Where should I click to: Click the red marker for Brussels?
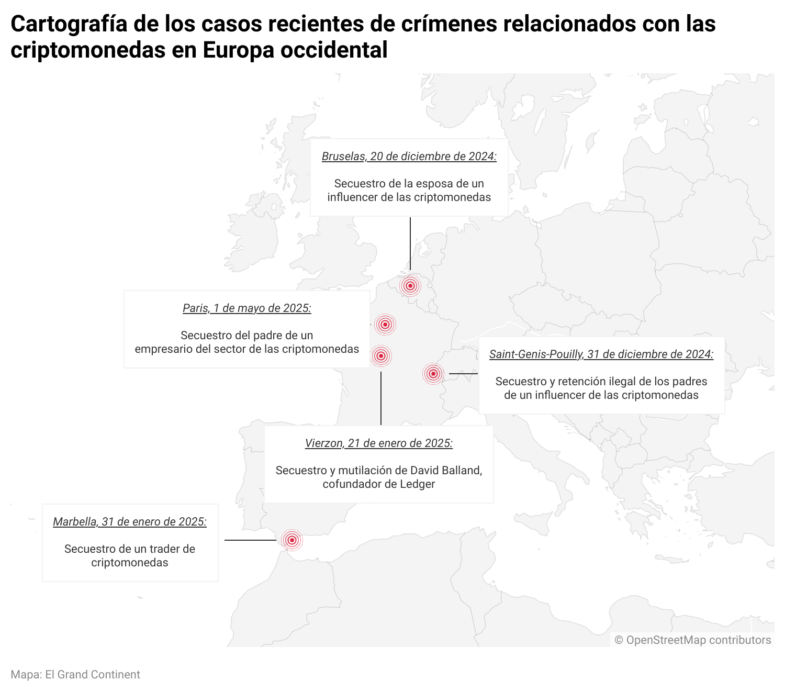point(410,286)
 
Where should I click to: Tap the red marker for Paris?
point(385,325)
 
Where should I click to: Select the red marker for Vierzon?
point(381,356)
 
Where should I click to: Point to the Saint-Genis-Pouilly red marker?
point(433,374)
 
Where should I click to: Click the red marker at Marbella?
point(292,540)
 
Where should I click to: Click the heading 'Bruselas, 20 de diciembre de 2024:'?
point(409,157)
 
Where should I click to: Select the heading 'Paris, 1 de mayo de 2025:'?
point(246,308)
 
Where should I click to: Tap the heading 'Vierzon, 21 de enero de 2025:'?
point(378,443)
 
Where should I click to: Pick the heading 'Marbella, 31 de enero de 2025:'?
point(130,522)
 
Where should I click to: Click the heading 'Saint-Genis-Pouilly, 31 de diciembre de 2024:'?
point(601,354)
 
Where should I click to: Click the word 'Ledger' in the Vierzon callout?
point(417,484)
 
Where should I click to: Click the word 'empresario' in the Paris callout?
point(161,349)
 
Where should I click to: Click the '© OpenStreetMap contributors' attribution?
point(692,640)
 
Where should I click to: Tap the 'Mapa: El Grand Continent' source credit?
point(75,675)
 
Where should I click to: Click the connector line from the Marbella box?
point(250,540)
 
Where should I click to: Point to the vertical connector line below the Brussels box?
point(410,243)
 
